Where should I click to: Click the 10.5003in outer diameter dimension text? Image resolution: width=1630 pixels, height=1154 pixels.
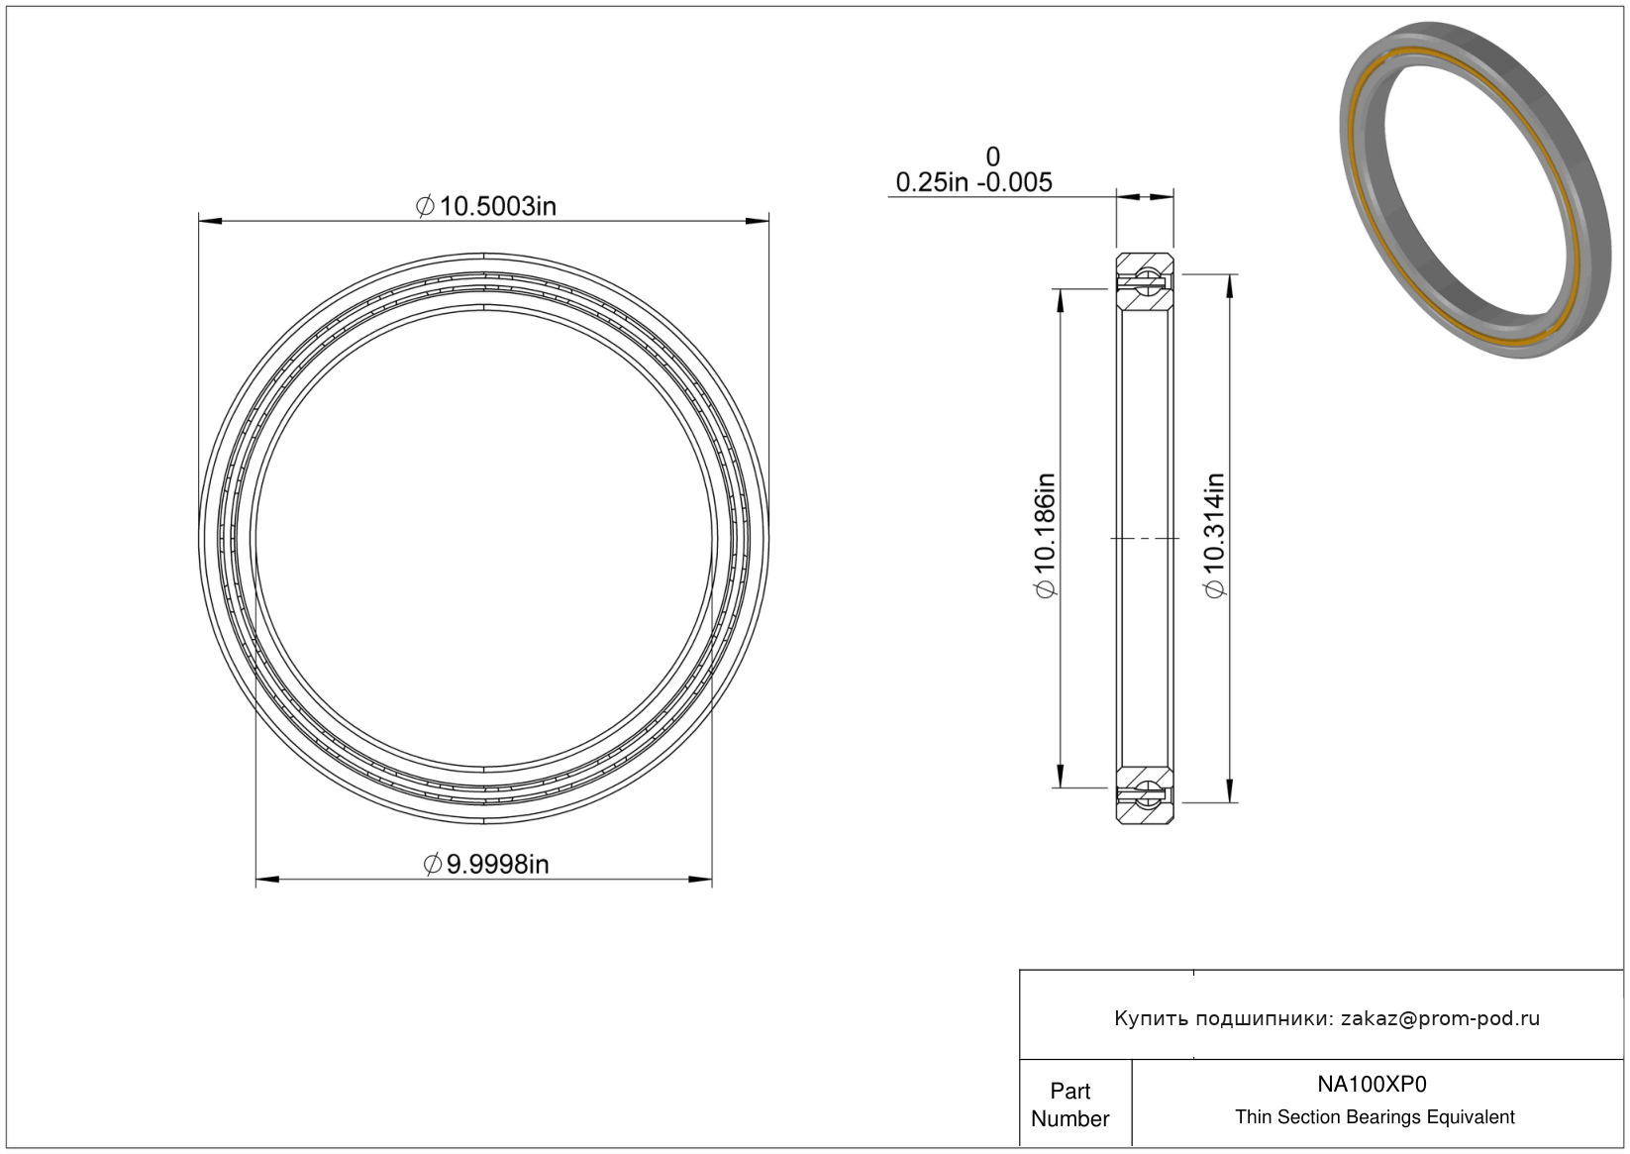click(486, 207)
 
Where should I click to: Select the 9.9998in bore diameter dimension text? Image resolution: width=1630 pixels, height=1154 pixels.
click(486, 864)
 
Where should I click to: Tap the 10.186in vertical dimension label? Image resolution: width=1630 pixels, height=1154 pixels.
click(1046, 536)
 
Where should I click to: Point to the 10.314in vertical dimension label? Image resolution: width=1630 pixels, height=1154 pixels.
click(1215, 536)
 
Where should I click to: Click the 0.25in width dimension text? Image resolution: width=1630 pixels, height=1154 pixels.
click(932, 182)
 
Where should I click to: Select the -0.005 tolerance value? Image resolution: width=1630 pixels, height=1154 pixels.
click(1014, 182)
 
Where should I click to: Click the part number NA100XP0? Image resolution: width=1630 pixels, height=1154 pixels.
click(1372, 1084)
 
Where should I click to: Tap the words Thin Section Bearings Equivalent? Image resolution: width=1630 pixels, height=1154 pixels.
click(1375, 1116)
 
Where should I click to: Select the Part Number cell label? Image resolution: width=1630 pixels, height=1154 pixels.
click(1070, 1104)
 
